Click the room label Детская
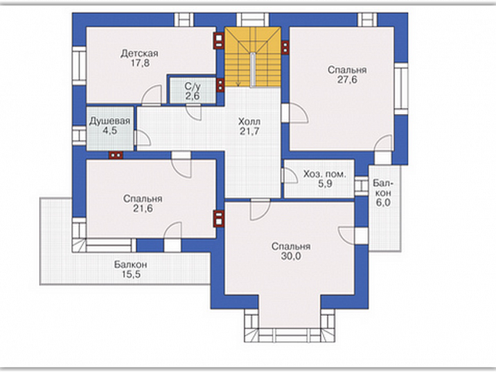[x=139, y=53]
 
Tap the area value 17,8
[x=140, y=63]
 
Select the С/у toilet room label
[x=192, y=86]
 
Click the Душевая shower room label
[x=110, y=121]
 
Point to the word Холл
[x=250, y=121]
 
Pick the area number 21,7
[x=250, y=131]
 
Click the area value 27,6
[x=347, y=80]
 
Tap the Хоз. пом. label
[x=325, y=174]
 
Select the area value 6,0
[x=383, y=202]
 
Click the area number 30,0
[x=291, y=256]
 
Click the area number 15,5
[x=131, y=274]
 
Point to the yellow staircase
[x=253, y=57]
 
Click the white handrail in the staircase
[x=253, y=70]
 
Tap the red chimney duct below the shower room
[x=116, y=155]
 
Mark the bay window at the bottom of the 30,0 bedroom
[x=289, y=326]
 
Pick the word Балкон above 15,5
[x=131, y=264]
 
